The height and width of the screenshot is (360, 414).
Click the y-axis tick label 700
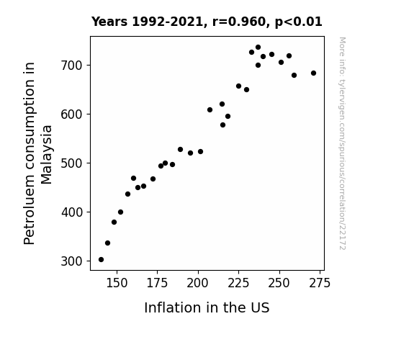pos(71,66)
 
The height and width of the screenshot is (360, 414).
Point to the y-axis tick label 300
pos(71,261)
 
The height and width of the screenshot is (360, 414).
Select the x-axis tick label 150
pos(117,283)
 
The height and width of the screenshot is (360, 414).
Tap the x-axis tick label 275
pos(320,283)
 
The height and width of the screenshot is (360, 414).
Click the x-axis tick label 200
pos(197,283)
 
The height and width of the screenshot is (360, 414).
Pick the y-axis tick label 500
pos(71,163)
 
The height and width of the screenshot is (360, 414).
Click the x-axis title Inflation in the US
pos(207,307)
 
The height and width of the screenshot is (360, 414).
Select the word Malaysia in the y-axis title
pos(47,155)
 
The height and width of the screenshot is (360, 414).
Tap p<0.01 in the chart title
pos(298,22)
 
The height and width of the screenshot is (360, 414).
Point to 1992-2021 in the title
pos(167,22)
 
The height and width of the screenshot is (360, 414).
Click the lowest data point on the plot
pos(101,260)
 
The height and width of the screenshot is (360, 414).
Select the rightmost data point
pos(313,73)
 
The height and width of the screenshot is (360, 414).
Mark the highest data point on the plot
pos(258,48)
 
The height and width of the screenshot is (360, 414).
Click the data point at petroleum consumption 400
pos(120,212)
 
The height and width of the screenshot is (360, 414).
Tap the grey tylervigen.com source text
pos(342,143)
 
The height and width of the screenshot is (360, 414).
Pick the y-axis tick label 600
pos(71,114)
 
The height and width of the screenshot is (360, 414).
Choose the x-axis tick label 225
pos(238,283)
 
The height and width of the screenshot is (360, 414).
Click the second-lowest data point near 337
pos(107,243)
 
